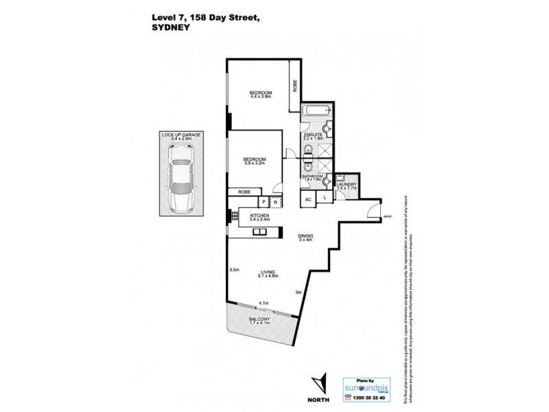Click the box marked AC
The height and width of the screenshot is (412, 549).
[309, 199]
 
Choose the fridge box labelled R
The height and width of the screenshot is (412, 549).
[274, 202]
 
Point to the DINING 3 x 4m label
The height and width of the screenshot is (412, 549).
[305, 237]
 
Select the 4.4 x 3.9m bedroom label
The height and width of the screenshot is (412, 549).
[261, 95]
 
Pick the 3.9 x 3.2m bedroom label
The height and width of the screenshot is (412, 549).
[255, 162]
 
